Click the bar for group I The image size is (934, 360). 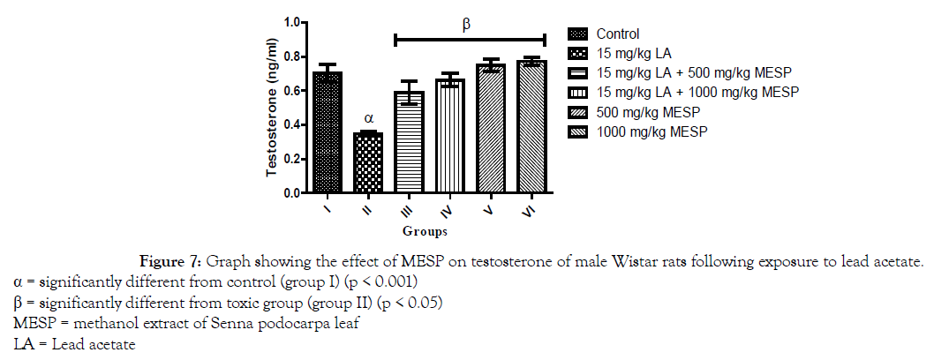(327, 132)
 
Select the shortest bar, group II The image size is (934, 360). (368, 163)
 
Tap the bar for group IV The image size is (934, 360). (450, 136)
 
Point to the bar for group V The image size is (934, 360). (491, 129)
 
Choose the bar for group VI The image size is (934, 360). (531, 127)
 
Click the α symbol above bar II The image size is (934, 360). (369, 116)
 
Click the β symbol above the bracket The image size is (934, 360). (467, 26)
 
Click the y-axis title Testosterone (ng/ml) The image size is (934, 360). (274, 106)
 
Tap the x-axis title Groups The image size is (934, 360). (425, 232)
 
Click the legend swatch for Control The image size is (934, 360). (578, 34)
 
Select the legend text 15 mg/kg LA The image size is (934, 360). (634, 54)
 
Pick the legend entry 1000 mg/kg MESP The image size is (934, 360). (652, 131)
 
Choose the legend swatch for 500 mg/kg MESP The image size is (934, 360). (578, 112)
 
